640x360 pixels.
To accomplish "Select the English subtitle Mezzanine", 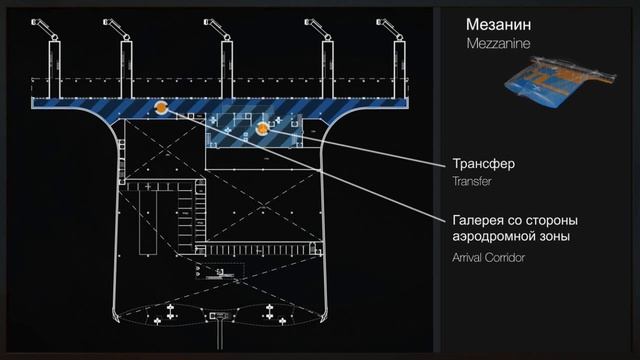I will click(x=497, y=45).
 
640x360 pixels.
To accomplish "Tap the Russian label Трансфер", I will click(x=483, y=163).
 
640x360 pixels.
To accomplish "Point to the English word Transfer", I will click(x=470, y=182).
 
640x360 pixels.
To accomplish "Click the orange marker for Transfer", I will click(x=262, y=128).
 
